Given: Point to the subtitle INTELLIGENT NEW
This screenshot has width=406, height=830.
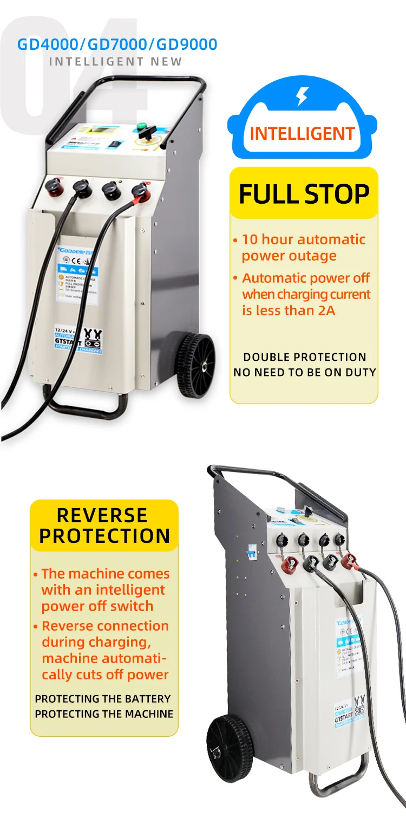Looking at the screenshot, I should click(x=116, y=62).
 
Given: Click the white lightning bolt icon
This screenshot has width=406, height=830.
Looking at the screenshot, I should click(x=302, y=96).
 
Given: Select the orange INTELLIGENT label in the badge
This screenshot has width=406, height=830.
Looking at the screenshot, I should click(x=302, y=133).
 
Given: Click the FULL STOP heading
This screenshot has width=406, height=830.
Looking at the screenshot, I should click(x=304, y=194).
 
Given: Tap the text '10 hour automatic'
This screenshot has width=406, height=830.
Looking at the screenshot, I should click(x=303, y=239).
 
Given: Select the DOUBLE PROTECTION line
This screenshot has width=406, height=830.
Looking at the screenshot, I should click(x=304, y=357).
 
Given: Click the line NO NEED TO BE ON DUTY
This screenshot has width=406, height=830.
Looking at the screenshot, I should click(x=304, y=372).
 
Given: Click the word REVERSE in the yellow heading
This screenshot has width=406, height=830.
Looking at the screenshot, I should click(x=102, y=515).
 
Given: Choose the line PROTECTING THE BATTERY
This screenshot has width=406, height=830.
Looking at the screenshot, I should click(x=103, y=699).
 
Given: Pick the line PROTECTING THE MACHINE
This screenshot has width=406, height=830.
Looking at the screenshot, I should click(x=104, y=714).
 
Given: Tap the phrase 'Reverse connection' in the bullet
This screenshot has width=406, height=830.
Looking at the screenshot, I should click(x=105, y=626).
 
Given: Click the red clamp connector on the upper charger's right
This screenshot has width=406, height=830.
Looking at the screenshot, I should click(x=140, y=191).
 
